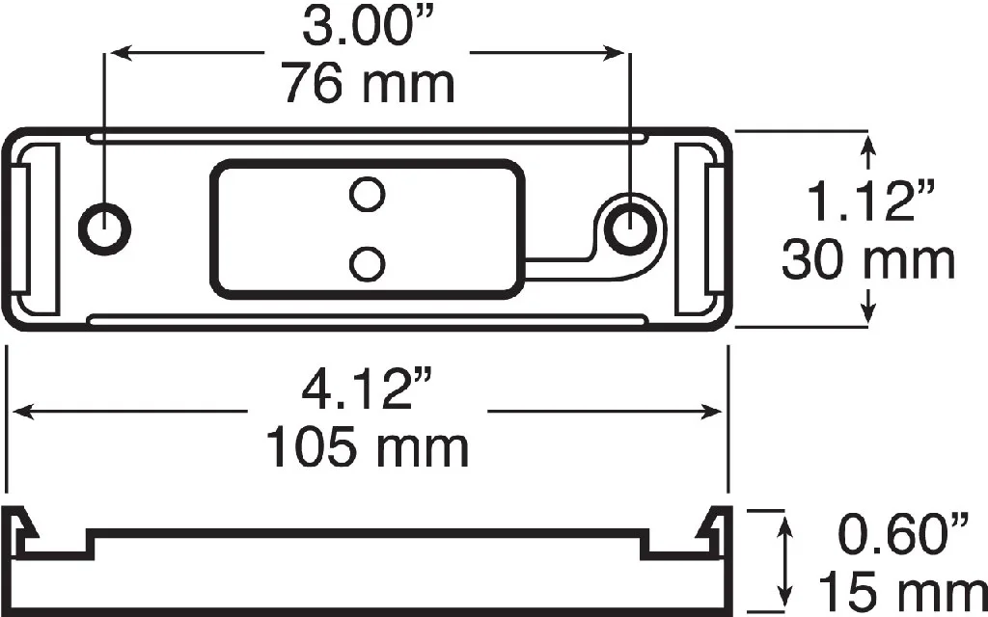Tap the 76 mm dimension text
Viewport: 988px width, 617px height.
pyautogui.click(x=369, y=85)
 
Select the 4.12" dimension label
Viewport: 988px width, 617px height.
pyautogui.click(x=368, y=389)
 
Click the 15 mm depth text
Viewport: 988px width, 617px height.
pyautogui.click(x=903, y=594)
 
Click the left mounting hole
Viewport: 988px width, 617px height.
pyautogui.click(x=104, y=228)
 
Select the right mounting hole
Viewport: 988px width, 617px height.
pyautogui.click(x=631, y=228)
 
